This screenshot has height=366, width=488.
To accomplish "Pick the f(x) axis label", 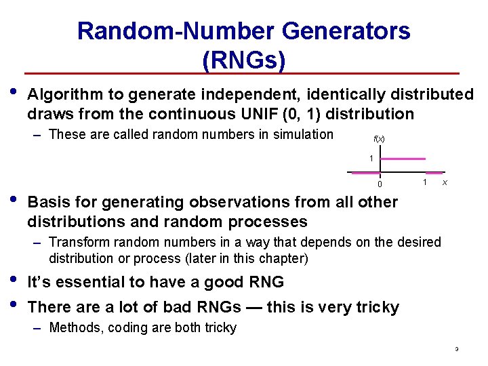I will [380, 139].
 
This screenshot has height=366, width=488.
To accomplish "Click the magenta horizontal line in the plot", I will [403, 159].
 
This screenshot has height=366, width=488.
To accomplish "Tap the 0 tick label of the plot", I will [380, 184].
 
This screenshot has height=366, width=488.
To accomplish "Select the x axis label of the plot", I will [444, 183].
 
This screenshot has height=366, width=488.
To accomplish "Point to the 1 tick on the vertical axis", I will [371, 159].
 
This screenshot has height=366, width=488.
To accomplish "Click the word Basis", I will [51, 202].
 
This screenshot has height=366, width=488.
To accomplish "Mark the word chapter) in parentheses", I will [285, 258].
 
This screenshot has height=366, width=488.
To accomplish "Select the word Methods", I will [75, 328].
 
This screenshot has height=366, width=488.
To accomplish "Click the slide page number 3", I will [457, 350].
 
